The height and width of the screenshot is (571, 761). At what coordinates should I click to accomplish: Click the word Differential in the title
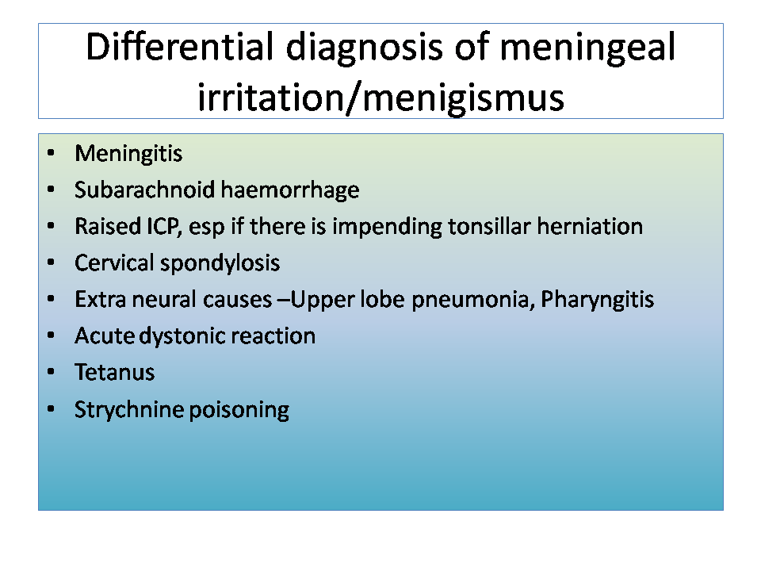click(180, 47)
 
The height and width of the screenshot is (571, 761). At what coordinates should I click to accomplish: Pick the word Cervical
click(114, 263)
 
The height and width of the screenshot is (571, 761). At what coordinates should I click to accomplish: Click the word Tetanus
click(114, 373)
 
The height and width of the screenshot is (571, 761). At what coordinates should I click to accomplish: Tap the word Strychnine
click(128, 410)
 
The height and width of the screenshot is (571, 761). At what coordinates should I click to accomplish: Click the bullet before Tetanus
click(51, 373)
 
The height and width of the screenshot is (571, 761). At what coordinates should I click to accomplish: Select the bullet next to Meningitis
click(51, 153)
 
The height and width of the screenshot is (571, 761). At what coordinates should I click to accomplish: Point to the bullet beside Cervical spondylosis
click(51, 263)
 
